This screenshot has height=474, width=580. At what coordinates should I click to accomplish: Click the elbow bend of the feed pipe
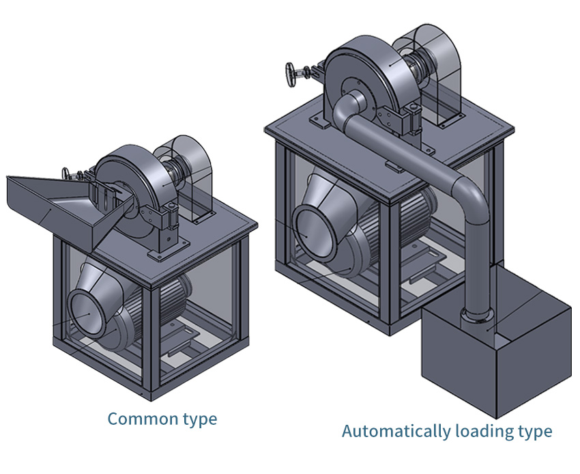(x=471, y=195)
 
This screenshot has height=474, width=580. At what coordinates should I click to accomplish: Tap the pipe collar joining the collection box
(x=475, y=316)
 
